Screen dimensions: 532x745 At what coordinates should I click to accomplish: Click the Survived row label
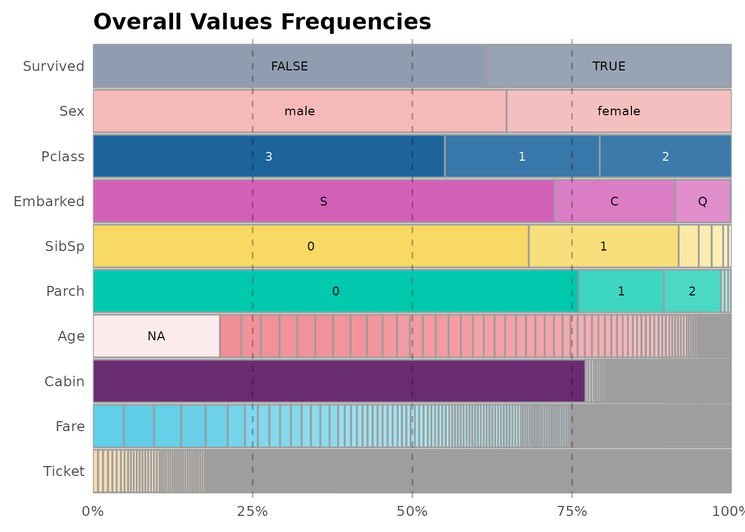(53, 66)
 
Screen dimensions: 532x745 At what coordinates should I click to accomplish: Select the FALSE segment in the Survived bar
(289, 66)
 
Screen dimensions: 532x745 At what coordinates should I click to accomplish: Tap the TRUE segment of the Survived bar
(609, 66)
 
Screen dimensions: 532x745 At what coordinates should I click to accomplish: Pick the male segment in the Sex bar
(299, 111)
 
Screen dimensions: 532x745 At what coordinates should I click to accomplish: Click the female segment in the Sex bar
(619, 111)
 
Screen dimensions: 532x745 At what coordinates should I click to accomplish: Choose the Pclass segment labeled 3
(269, 156)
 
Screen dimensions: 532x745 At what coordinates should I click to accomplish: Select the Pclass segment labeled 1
(522, 156)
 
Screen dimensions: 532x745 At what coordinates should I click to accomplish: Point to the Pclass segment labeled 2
(665, 156)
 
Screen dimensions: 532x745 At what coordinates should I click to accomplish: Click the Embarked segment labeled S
(324, 201)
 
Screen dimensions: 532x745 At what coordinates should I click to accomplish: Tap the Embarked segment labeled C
(614, 201)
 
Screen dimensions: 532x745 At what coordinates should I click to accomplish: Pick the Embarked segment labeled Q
(702, 201)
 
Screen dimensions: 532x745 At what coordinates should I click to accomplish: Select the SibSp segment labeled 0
(310, 246)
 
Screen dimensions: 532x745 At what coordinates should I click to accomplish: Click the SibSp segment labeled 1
(603, 246)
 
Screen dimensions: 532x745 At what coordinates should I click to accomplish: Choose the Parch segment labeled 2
(692, 291)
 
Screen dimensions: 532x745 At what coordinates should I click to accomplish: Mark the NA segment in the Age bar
(156, 336)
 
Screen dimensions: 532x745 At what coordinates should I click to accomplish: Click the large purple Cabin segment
(338, 381)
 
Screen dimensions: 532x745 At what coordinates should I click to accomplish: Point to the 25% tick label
(252, 511)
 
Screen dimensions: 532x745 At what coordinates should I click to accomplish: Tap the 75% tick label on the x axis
(571, 511)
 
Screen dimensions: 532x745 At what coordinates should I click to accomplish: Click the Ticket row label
(64, 471)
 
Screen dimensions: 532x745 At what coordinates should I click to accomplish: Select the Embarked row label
(49, 201)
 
